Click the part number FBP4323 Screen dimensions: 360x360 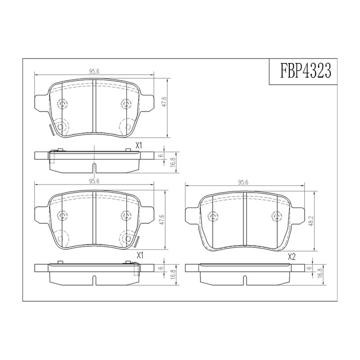coord(306,71)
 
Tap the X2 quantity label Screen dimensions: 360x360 coord(291,257)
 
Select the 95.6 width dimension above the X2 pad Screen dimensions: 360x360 coord(243,183)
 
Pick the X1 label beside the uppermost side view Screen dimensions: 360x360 coord(139,145)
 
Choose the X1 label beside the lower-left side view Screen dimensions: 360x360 coord(140,256)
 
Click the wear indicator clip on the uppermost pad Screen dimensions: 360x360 coord(51,130)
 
